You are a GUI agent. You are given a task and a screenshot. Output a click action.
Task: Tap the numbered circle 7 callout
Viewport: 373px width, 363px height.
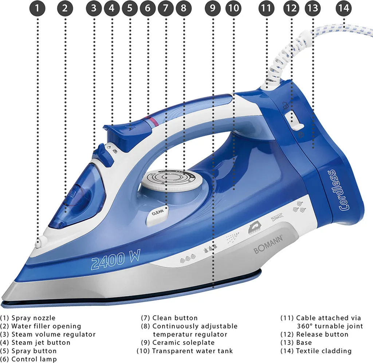coord(166,8)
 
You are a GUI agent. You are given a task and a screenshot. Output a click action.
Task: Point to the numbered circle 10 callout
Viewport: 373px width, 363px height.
coord(233,8)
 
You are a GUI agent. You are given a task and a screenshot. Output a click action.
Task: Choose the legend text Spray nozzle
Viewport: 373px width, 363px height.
coord(33,318)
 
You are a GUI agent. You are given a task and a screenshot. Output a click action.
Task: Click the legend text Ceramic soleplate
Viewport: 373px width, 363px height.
coord(183,343)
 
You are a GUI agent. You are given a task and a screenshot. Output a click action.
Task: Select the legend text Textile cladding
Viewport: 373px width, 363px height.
coord(323,351)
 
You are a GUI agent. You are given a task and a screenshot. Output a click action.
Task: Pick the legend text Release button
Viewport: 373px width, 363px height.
coord(322,334)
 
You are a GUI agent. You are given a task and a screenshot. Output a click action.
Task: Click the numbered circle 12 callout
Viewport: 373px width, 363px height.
coord(291,8)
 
